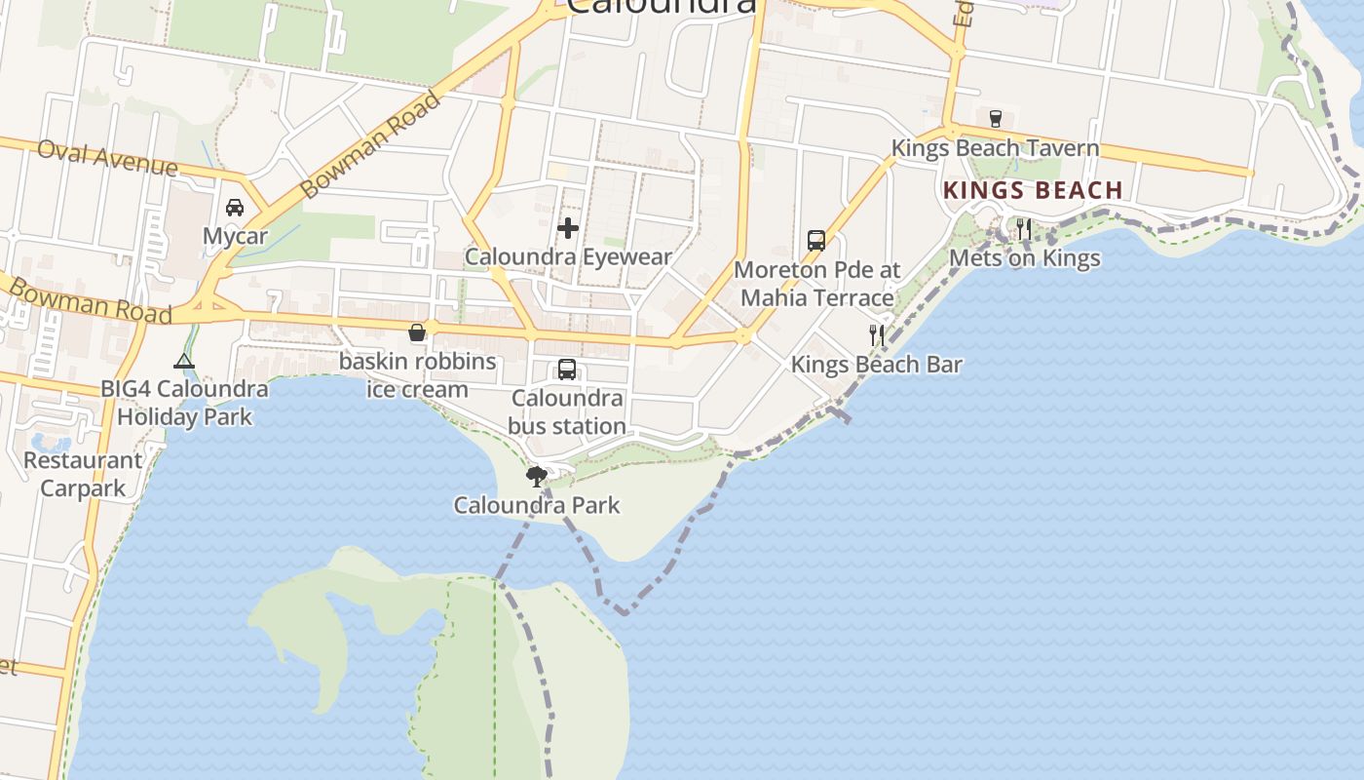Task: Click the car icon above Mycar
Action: (235, 207)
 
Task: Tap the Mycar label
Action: (235, 236)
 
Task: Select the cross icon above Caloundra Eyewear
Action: (568, 228)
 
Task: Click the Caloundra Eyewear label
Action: (568, 256)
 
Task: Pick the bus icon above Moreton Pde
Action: (816, 240)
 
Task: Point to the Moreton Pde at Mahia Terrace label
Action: (816, 283)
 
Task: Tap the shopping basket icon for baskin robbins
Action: (417, 332)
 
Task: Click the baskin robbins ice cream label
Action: (417, 374)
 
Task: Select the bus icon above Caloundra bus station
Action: (567, 370)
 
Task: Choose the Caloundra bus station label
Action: (567, 411)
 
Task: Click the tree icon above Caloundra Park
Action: (536, 477)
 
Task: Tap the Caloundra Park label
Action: (536, 505)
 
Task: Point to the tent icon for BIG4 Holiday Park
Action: (184, 361)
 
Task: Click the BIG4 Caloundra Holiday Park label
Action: (184, 402)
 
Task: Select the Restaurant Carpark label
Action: (83, 474)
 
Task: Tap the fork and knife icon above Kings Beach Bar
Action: (877, 335)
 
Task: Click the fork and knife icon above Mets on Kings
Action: (1024, 229)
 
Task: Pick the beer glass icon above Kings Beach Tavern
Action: (995, 119)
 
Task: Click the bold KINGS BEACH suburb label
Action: (1033, 190)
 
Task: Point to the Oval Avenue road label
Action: (107, 157)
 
